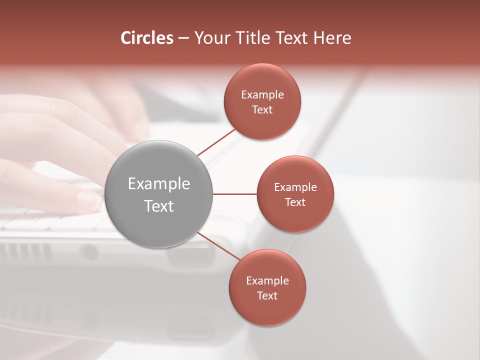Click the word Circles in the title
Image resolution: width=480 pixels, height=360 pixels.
(x=147, y=38)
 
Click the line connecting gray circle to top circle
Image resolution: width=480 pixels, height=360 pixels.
(x=216, y=142)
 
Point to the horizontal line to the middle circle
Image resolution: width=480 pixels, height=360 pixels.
(x=234, y=194)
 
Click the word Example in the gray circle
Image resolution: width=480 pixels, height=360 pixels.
(x=158, y=184)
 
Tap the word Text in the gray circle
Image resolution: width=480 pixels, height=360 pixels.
(x=158, y=206)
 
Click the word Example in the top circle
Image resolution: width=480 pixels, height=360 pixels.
(x=262, y=95)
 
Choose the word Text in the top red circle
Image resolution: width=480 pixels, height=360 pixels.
(x=262, y=110)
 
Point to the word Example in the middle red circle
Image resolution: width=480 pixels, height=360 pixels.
(x=295, y=187)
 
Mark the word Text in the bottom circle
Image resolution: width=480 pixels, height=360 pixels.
(x=267, y=296)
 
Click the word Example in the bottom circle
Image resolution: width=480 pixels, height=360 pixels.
(x=267, y=281)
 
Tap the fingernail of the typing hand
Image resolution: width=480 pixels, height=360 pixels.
(x=89, y=200)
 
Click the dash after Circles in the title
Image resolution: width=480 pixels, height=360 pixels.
(x=183, y=38)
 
